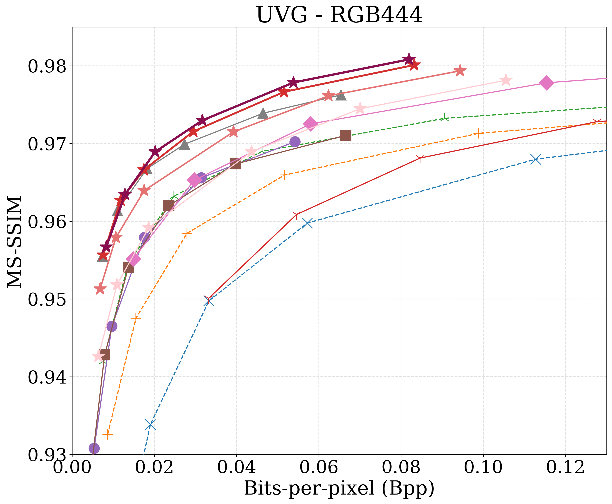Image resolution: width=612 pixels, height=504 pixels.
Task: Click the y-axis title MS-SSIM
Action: pyautogui.click(x=14, y=241)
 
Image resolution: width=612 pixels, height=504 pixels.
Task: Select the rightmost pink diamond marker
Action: pyautogui.click(x=546, y=83)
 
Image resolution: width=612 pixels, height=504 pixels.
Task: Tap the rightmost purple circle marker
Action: pyautogui.click(x=295, y=142)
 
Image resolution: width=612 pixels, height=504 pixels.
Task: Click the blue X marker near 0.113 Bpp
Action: pyautogui.click(x=535, y=159)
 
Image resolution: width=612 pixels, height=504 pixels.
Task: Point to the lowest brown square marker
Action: pyautogui.click(x=105, y=355)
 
